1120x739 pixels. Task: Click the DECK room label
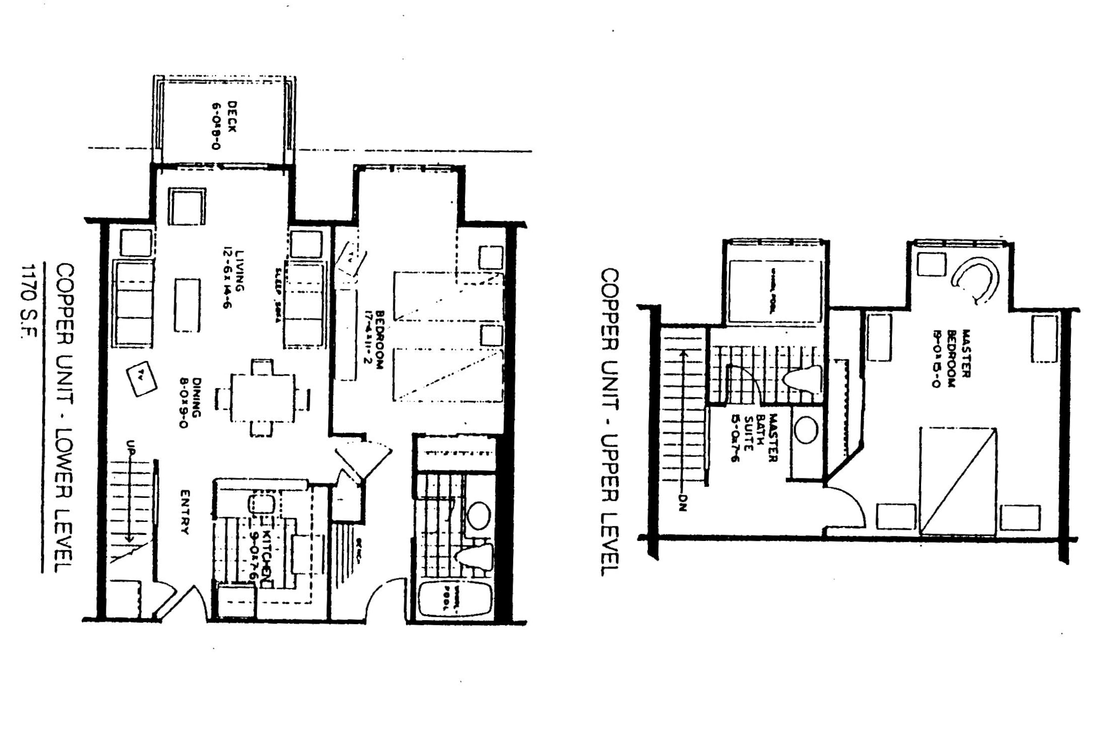click(x=224, y=125)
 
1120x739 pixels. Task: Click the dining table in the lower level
click(x=263, y=398)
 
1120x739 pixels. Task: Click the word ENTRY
click(x=184, y=511)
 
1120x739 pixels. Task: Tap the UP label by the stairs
click(x=130, y=448)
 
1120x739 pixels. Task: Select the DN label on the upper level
click(x=682, y=503)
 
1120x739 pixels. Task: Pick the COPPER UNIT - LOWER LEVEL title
click(x=64, y=417)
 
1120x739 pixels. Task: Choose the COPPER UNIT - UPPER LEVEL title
click(x=610, y=422)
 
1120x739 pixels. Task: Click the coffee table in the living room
click(x=187, y=305)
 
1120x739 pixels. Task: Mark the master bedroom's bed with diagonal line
click(x=957, y=481)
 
